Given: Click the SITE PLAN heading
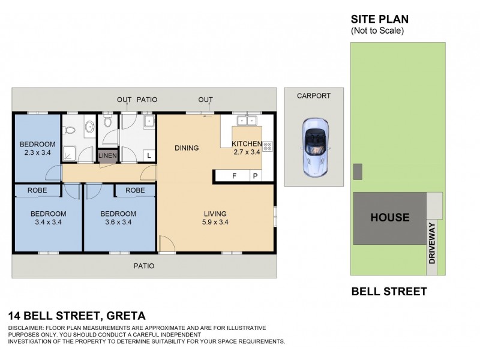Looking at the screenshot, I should point(379,19).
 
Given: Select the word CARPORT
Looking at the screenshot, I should point(314,95).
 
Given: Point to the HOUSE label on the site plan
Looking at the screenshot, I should point(389,218).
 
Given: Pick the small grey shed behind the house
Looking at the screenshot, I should point(358,172).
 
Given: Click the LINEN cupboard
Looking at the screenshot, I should point(108,156).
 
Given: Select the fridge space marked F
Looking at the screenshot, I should point(235,176).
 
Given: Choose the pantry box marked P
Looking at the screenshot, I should point(255,176).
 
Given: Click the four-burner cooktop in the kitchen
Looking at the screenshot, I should point(268,145).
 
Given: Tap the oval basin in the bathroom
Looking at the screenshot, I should point(89,127).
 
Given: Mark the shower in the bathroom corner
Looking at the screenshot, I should point(71,154).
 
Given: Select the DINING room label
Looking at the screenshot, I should point(187,148).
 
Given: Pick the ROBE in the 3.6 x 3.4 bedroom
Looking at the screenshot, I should point(135,190).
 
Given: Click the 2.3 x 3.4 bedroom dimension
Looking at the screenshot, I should point(37,153).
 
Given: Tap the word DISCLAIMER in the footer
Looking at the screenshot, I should point(28,328).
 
